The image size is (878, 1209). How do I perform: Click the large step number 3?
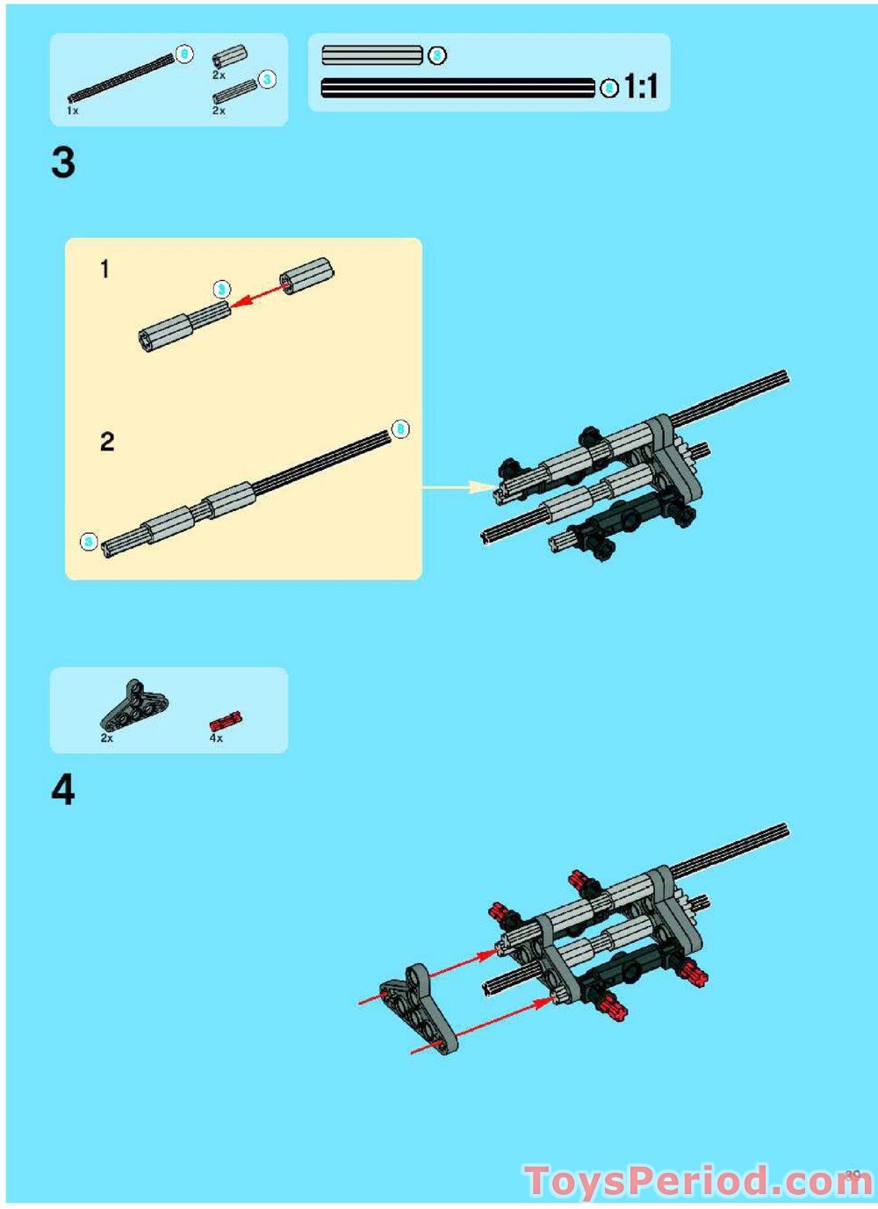[63, 163]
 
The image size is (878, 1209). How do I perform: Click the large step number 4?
[63, 790]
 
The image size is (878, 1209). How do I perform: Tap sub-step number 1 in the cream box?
[105, 269]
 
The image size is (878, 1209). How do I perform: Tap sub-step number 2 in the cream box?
[107, 441]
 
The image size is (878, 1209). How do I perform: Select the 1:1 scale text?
[641, 87]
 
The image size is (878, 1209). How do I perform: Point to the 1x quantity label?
[73, 112]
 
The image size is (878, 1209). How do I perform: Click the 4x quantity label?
[216, 738]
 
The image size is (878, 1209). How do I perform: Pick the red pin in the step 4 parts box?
[225, 722]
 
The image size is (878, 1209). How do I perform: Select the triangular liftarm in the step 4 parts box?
[133, 705]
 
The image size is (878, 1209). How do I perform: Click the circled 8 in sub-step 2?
[400, 428]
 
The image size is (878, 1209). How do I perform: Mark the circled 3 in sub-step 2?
[89, 542]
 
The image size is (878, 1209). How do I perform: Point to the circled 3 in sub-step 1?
[222, 289]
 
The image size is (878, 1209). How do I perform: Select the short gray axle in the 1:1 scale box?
[372, 55]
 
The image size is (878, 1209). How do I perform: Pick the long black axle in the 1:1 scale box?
[457, 88]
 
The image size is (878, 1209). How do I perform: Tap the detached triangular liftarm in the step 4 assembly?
[420, 1010]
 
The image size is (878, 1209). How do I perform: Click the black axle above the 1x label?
[121, 80]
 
